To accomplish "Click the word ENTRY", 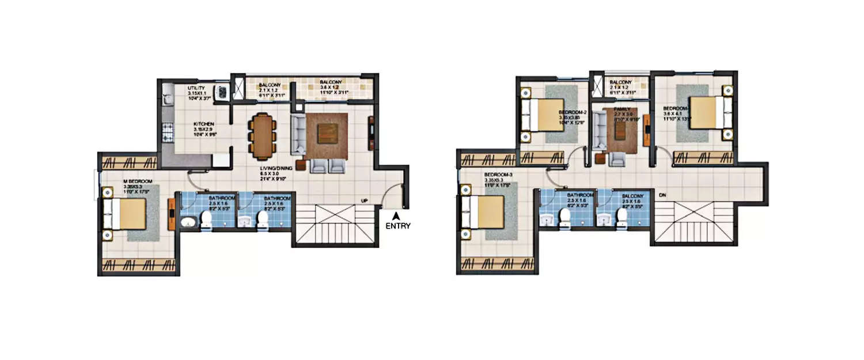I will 397,226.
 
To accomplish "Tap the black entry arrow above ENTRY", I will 396,215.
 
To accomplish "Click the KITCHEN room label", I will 204,124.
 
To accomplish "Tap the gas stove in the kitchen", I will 168,134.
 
